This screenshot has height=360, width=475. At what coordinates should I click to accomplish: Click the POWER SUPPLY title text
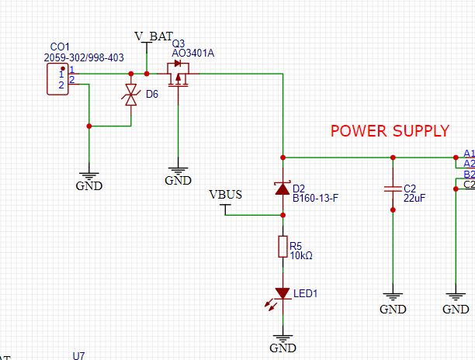[x=390, y=130]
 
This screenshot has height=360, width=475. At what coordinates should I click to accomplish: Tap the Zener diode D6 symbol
[x=130, y=97]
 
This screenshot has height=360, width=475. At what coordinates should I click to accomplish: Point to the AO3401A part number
[x=193, y=53]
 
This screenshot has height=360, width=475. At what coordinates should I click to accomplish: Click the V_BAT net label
[x=153, y=36]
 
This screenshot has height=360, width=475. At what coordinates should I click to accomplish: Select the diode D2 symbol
[x=283, y=188]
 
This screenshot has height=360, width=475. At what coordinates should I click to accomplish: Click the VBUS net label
[x=226, y=195]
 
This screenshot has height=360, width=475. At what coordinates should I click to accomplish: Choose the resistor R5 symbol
[x=283, y=247]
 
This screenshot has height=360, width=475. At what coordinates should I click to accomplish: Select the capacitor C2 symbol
[x=393, y=189]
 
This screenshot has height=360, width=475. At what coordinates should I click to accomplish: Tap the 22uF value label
[x=414, y=199]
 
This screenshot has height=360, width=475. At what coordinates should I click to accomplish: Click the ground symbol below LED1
[x=283, y=340]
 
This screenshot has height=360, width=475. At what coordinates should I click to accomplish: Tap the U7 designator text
[x=78, y=355]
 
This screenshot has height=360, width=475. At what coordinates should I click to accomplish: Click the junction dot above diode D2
[x=283, y=157]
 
